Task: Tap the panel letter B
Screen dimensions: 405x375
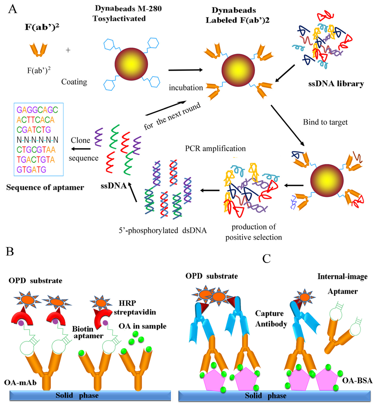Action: click(11, 253)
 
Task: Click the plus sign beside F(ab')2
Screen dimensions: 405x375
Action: click(68, 50)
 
